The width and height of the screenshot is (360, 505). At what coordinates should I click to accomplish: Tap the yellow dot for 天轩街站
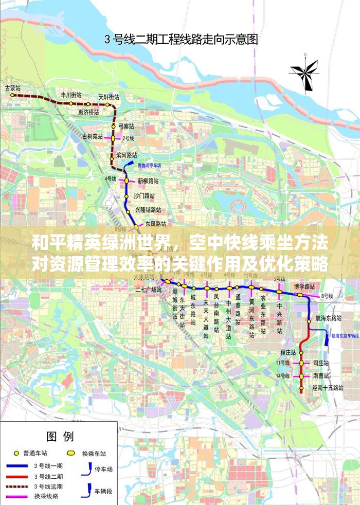click(107, 104)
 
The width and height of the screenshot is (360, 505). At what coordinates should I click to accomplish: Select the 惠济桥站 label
click(88, 112)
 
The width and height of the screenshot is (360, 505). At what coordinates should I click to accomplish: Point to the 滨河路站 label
click(127, 155)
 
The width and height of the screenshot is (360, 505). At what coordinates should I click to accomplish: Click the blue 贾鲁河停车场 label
click(149, 166)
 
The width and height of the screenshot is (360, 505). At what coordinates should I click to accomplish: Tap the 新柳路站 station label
click(148, 181)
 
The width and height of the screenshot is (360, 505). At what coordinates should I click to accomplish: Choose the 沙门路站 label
click(145, 195)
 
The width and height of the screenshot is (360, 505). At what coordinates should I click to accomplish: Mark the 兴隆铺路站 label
click(148, 210)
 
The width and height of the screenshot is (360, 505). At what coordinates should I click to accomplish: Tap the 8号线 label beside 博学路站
click(327, 296)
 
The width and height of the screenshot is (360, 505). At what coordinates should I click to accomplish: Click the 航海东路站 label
click(329, 318)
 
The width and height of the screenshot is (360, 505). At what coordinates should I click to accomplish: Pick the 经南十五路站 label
click(328, 387)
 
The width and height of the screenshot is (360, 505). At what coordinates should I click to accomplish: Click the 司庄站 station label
click(320, 363)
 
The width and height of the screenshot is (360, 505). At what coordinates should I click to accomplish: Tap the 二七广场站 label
click(148, 290)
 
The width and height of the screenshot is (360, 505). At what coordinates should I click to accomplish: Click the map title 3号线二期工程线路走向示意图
click(181, 39)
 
